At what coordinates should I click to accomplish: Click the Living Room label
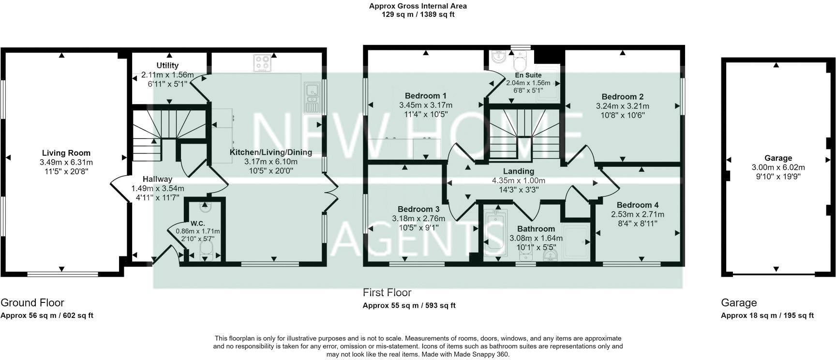click(66, 153)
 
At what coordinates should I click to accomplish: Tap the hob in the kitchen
click(263, 63)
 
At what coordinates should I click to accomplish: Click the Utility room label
click(167, 65)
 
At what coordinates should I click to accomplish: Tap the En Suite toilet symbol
click(521, 63)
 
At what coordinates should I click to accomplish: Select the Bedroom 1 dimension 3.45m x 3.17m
click(426, 105)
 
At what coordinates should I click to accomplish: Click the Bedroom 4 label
click(638, 205)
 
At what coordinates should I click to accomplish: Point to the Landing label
click(519, 171)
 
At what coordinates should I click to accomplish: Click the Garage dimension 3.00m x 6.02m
click(778, 167)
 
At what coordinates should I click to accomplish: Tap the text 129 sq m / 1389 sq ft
click(418, 15)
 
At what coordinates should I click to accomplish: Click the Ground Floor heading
click(32, 303)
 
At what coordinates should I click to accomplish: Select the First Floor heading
click(387, 293)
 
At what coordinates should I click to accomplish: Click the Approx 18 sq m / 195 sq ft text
click(767, 315)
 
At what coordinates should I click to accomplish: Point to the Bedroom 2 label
click(623, 97)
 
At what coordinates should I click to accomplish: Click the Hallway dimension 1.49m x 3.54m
click(158, 189)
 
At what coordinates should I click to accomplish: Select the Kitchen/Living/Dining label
click(270, 152)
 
